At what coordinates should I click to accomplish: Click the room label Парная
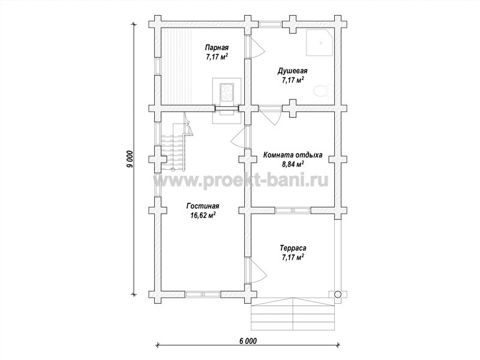[217, 48]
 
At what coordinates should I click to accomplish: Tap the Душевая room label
[292, 71]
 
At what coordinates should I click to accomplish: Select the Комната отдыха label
[293, 155]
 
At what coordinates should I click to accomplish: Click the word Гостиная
[203, 206]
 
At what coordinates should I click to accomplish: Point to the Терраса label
[293, 248]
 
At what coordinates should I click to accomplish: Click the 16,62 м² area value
[203, 215]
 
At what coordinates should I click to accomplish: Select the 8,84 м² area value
[293, 164]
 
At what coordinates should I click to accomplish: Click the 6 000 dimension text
[247, 341]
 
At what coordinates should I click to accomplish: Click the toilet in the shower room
[323, 91]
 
